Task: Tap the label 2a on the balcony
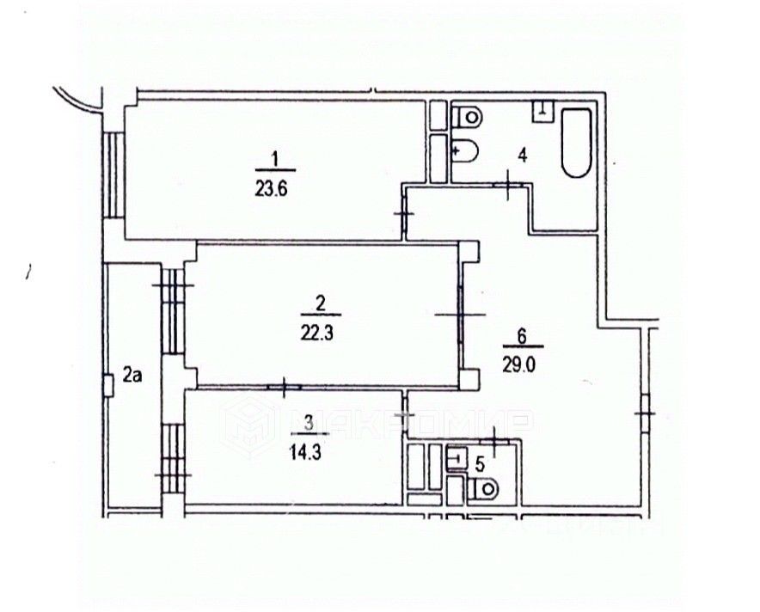click(x=132, y=374)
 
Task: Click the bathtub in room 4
click(x=577, y=142)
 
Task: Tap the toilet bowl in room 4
click(x=469, y=115)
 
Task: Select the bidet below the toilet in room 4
click(x=465, y=151)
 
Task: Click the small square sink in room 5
click(x=457, y=459)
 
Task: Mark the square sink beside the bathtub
click(x=542, y=109)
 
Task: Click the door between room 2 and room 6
click(x=460, y=315)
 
